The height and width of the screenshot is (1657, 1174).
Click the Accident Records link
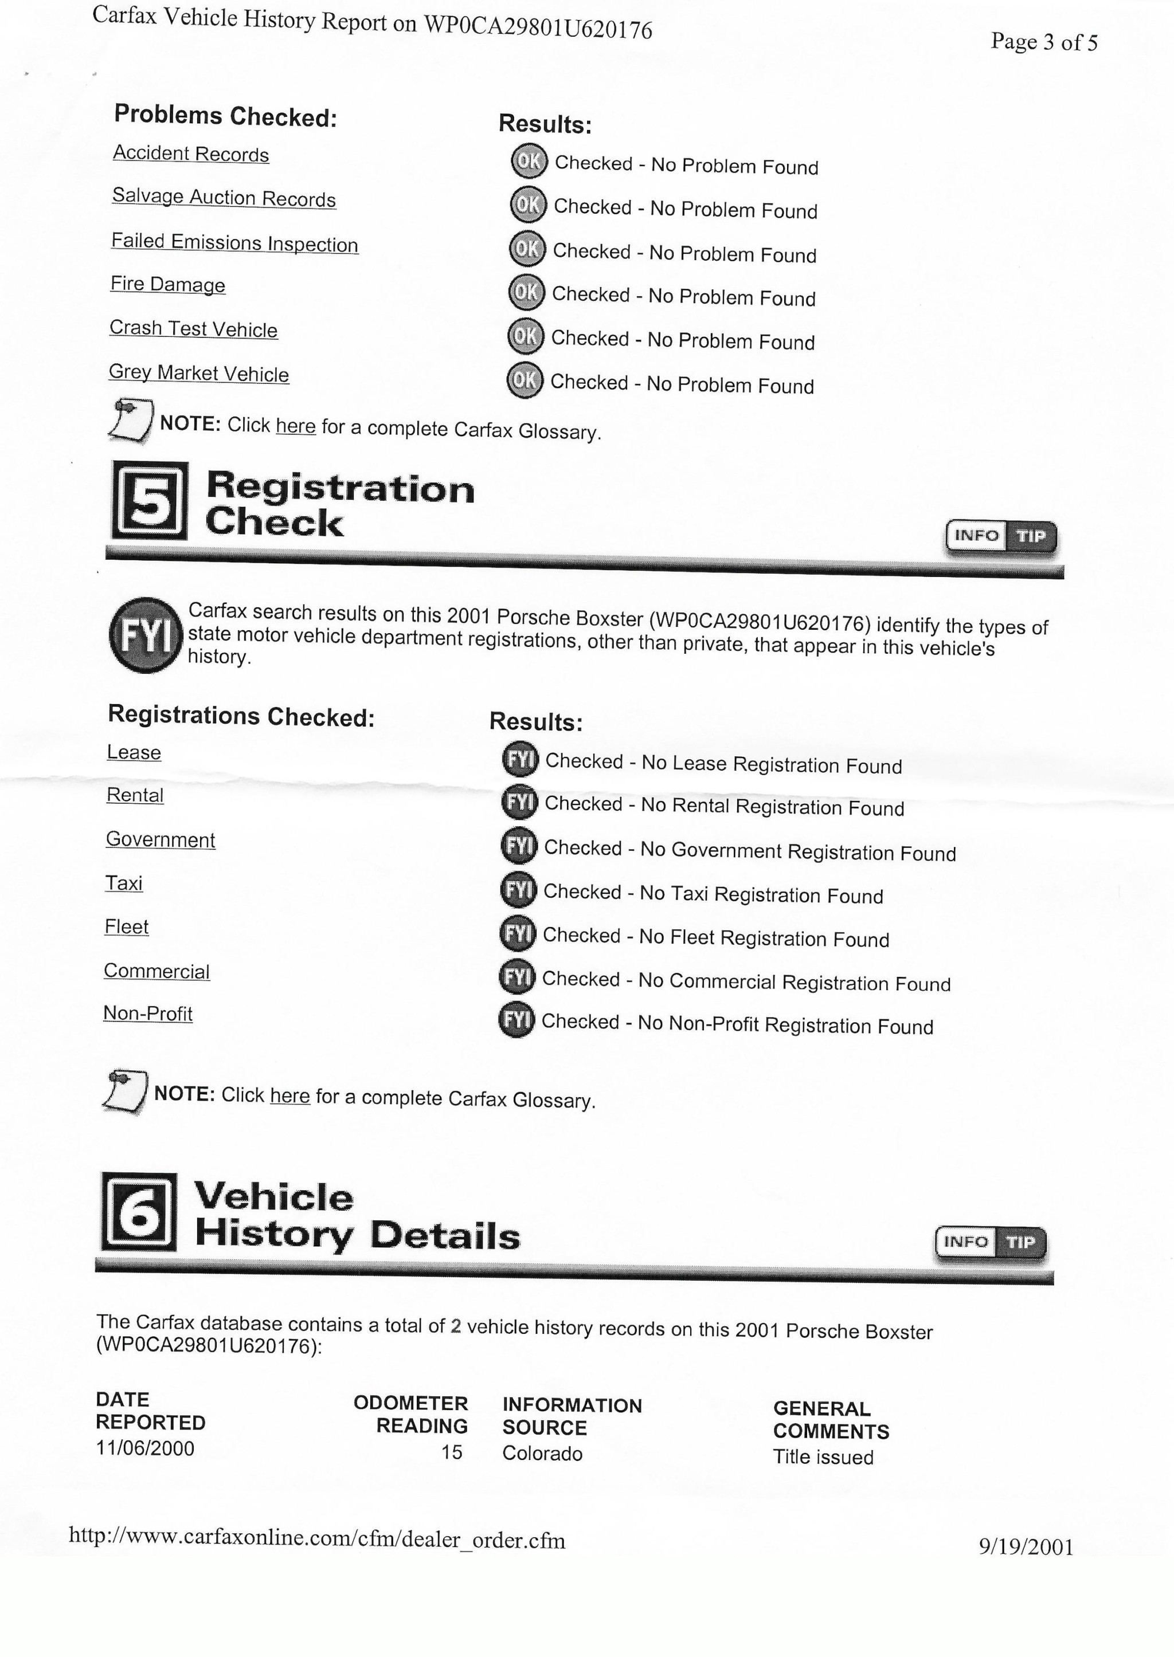coord(191,154)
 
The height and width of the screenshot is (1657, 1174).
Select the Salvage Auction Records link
coord(224,198)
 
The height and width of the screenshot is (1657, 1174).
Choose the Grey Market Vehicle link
coord(198,373)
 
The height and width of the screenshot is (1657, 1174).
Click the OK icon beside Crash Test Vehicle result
coord(526,336)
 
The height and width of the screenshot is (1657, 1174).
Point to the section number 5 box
coord(150,501)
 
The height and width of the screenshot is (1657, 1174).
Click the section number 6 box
coord(139,1212)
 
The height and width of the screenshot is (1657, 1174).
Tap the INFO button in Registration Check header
coord(976,536)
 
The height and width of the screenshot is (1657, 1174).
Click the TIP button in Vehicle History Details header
coord(1020,1242)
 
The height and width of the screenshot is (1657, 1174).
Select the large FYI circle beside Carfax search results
coord(145,635)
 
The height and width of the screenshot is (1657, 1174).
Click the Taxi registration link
coord(124,883)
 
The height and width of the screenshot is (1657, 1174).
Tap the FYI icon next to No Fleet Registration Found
coord(518,934)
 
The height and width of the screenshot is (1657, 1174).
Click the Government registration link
coord(160,840)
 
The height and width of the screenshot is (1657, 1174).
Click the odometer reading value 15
coord(452,1452)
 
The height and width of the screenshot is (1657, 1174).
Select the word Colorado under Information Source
coord(542,1453)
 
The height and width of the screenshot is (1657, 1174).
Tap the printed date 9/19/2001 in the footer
coord(1026,1546)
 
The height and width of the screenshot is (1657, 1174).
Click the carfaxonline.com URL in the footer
coord(316,1539)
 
